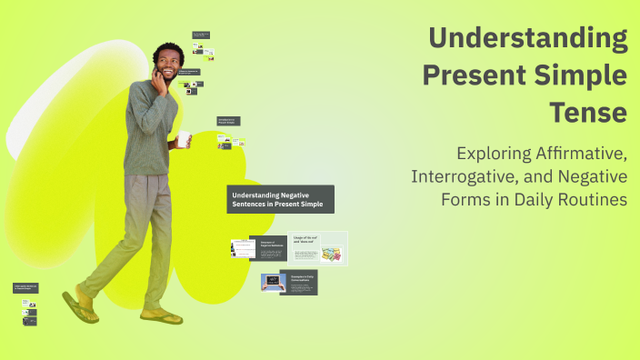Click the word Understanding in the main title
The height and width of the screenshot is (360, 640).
(528, 39)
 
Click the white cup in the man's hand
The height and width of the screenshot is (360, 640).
(184, 138)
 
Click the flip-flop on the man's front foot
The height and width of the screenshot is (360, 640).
(162, 316)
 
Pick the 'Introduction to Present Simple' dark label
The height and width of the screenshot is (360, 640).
(228, 120)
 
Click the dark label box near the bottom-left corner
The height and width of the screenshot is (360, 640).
(25, 288)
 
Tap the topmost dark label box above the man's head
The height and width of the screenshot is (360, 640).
(201, 35)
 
